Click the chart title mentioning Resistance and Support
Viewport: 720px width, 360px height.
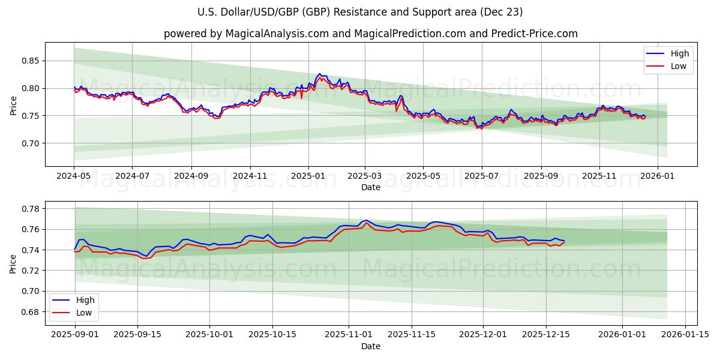(x=360, y=12)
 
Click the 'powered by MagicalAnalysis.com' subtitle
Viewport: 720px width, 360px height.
(x=370, y=34)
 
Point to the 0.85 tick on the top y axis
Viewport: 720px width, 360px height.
(x=31, y=61)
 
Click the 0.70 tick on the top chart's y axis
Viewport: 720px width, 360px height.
(x=31, y=143)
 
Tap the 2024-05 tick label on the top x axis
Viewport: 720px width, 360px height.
(x=74, y=177)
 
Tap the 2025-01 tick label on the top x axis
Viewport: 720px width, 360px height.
(x=308, y=177)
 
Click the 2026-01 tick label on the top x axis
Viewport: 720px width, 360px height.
(x=658, y=177)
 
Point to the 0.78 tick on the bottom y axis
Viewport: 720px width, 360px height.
(x=31, y=209)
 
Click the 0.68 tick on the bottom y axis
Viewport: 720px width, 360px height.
(x=31, y=312)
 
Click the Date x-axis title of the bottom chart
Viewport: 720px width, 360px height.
(x=370, y=346)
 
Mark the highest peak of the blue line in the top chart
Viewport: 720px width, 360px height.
(x=319, y=74)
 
